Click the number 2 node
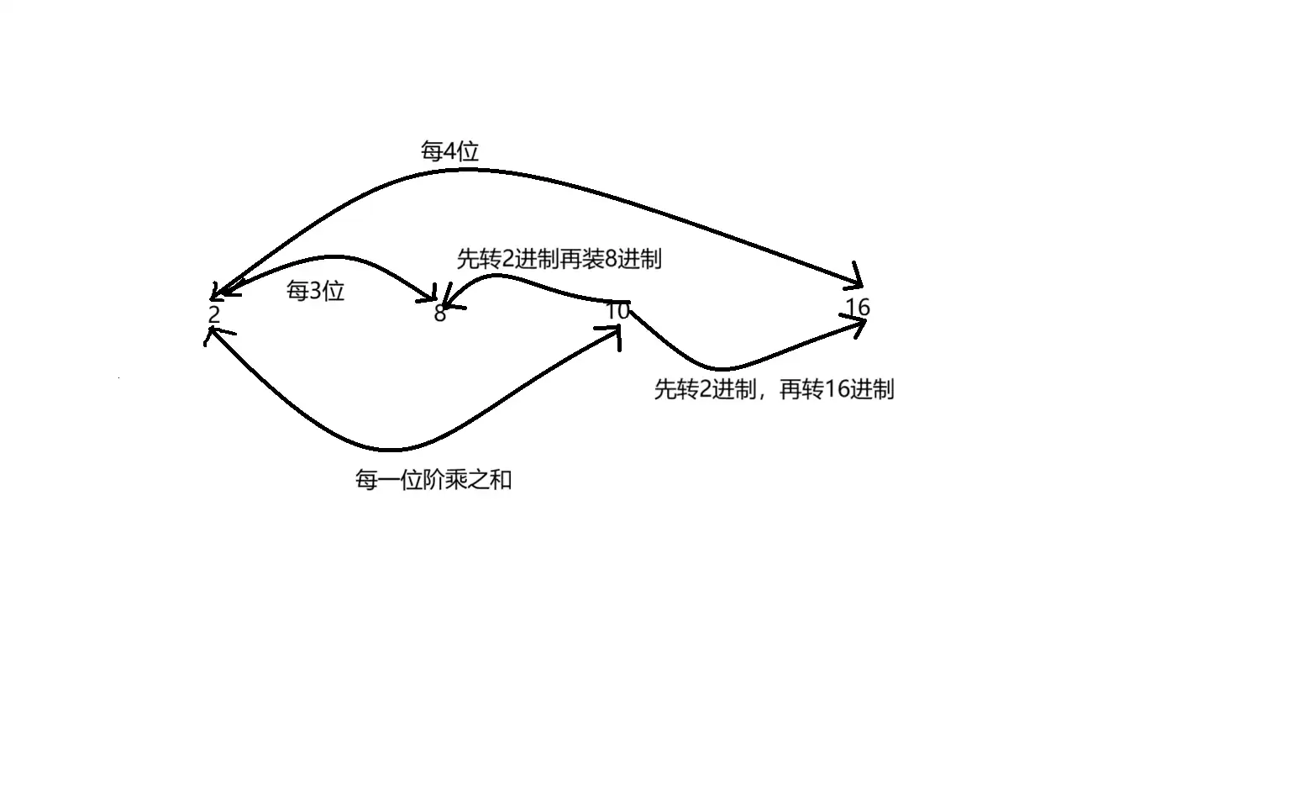213,315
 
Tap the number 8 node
439,315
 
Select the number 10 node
617,311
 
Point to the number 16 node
858,308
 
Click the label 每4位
449,151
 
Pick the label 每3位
315,292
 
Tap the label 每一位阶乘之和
433,481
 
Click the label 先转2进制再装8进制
559,259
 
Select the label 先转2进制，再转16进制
774,390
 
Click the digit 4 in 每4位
449,152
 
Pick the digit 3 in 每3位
316,292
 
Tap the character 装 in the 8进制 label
594,259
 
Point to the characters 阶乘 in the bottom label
445,481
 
